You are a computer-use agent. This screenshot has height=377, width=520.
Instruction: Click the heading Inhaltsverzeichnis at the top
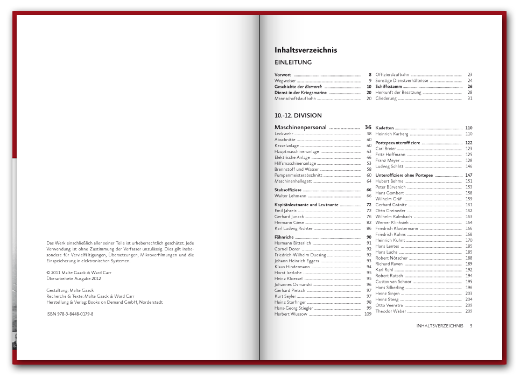[306, 50]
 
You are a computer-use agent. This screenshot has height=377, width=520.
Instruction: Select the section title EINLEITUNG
[293, 62]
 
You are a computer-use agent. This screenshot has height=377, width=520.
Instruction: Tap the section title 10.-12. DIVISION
[298, 115]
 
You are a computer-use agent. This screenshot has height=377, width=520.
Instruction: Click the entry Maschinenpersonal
[300, 128]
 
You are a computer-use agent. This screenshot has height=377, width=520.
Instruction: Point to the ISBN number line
[70, 314]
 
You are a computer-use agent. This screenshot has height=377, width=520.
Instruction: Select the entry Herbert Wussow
[291, 314]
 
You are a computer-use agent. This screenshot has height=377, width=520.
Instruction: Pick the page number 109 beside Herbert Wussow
[368, 314]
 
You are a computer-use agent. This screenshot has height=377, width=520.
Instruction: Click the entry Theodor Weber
[390, 311]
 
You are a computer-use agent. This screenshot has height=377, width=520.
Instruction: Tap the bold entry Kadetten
[384, 128]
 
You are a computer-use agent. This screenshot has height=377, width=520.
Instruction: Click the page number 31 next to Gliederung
[470, 99]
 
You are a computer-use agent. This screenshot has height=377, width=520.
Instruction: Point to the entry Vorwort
[283, 74]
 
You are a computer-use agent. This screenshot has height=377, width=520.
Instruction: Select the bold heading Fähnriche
[284, 237]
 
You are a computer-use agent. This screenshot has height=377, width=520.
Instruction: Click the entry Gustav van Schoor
[393, 282]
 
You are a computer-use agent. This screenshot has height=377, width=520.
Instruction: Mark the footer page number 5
[471, 326]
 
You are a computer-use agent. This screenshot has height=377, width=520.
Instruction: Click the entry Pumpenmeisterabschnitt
[298, 175]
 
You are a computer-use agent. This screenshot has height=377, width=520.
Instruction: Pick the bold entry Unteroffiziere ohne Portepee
[404, 175]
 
